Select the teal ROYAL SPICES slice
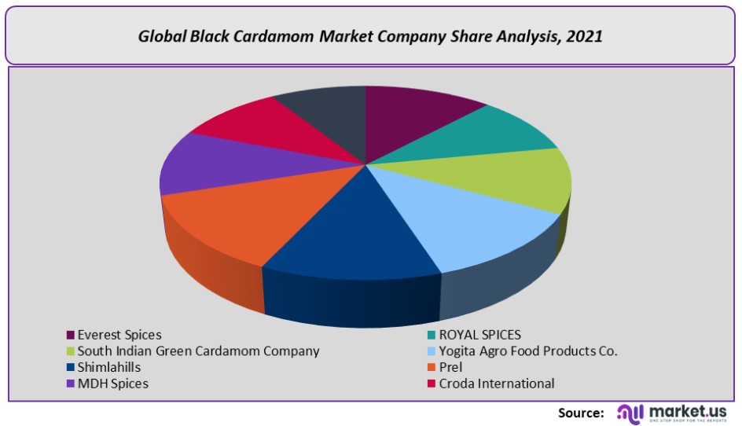[487, 134]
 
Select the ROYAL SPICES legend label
[479, 335]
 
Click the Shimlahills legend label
[109, 367]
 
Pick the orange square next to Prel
[430, 367]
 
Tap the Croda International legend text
[497, 384]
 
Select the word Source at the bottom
[581, 413]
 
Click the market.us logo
[673, 413]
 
